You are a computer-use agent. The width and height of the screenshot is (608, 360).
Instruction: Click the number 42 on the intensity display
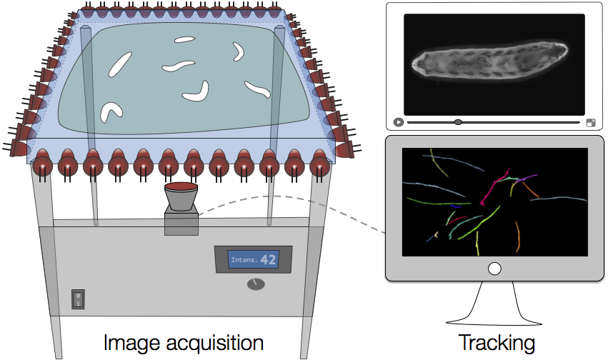tap(268, 259)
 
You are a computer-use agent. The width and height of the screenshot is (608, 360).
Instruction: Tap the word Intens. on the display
tap(244, 260)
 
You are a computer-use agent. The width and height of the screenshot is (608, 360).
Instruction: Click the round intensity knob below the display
tap(256, 284)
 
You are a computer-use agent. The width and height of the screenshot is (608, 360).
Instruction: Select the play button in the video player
tap(398, 122)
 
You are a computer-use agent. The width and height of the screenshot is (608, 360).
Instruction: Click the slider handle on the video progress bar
tap(458, 122)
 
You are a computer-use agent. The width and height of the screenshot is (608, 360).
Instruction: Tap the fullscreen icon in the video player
tap(591, 123)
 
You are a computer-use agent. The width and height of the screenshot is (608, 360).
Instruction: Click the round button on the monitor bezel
tap(494, 269)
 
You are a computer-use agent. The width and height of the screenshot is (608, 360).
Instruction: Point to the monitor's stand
tap(494, 307)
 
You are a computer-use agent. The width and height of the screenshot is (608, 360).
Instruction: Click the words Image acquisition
tap(183, 343)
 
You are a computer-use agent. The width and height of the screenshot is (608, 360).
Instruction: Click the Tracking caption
tap(497, 343)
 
